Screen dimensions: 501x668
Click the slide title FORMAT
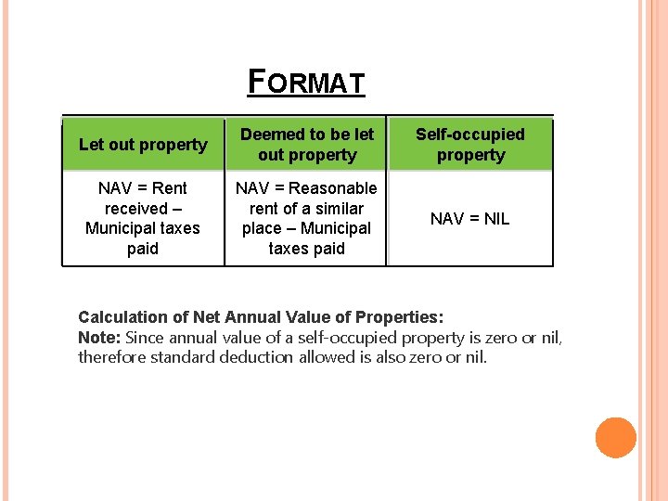click(x=306, y=82)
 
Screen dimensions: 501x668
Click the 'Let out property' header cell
click(x=143, y=145)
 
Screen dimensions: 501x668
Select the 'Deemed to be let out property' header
click(x=306, y=145)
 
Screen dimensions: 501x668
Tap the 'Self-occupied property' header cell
click(x=470, y=145)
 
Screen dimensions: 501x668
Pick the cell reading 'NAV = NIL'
click(x=469, y=219)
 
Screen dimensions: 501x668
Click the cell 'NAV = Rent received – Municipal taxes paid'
click(x=143, y=218)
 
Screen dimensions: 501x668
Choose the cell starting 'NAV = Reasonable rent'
click(x=306, y=218)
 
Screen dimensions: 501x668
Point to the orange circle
click(x=615, y=438)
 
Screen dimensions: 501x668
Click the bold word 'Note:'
click(x=99, y=337)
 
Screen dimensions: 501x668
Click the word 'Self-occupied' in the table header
click(x=470, y=135)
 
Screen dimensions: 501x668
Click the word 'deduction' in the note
click(x=256, y=357)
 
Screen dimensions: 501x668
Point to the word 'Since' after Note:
click(x=143, y=337)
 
